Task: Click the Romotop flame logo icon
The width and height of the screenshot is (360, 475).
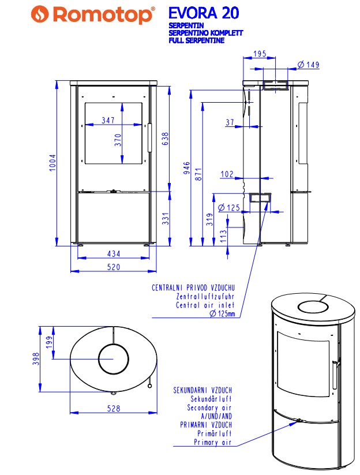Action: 40,14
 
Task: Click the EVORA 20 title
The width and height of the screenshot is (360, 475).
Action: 204,13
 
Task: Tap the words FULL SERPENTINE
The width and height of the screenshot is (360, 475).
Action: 197,40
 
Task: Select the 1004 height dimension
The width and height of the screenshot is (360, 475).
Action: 52,163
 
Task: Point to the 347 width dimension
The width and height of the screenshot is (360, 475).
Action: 108,120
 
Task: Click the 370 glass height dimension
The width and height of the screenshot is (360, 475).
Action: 118,140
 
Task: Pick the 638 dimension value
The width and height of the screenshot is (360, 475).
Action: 166,139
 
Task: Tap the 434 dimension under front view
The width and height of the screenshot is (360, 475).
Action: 114,253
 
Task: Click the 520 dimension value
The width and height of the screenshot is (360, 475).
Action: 114,267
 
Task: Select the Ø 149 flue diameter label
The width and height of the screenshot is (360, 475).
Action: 308,65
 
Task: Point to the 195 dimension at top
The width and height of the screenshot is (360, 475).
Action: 260,54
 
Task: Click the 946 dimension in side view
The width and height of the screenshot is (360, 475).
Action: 187,168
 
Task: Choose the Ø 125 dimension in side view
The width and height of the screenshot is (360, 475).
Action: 229,208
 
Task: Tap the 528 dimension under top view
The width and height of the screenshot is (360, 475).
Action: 114,409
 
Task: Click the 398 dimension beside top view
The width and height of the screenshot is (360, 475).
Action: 36,358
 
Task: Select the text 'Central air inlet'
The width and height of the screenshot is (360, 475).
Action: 205,305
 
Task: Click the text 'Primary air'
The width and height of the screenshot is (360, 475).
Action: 212,442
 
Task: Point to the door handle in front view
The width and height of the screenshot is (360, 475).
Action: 149,137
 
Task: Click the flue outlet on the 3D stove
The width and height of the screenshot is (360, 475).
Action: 313,307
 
